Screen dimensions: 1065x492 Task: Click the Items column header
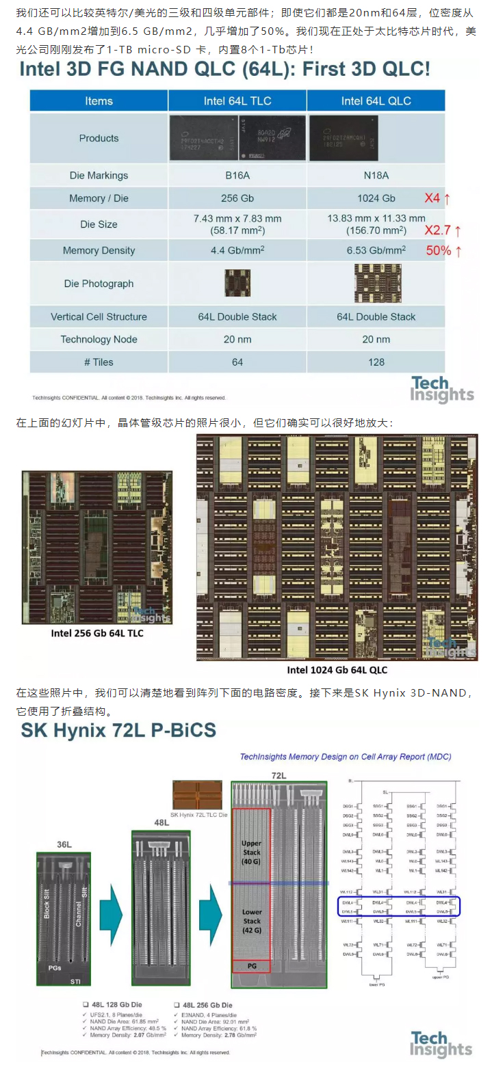[x=99, y=101]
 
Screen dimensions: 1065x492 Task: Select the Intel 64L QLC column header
[x=376, y=101]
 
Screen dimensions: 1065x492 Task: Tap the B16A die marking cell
[x=237, y=176]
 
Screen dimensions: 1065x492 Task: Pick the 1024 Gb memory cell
[x=376, y=198]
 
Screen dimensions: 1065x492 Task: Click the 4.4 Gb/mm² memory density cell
[x=237, y=251]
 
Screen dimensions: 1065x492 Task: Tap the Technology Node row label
[x=99, y=340]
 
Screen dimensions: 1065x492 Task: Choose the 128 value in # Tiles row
[x=376, y=362]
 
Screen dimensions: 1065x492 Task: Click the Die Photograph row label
[x=99, y=284]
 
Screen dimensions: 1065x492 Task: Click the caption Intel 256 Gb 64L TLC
[x=97, y=634]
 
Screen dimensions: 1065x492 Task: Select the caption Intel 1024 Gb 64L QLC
[x=337, y=670]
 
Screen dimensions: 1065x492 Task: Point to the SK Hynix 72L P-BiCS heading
[x=118, y=731]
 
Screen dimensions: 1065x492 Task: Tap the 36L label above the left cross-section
[x=64, y=845]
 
